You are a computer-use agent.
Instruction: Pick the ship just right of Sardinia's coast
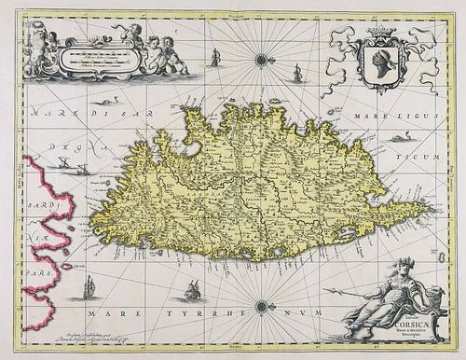pyautogui.click(x=90, y=283)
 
